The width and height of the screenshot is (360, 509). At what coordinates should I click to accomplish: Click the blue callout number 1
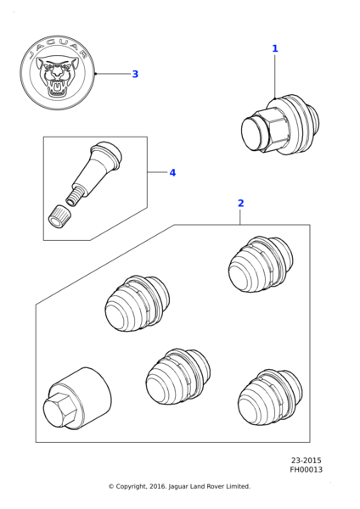275,48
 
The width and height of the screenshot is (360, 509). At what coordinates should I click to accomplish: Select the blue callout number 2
240,204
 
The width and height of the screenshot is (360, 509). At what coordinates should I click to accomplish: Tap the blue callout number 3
135,74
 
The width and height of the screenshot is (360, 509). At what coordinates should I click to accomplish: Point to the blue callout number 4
172,173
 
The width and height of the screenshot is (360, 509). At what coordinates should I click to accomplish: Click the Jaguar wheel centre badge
58,73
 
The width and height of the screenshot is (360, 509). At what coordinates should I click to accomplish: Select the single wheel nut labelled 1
280,125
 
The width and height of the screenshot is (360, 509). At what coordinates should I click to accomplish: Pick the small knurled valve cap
58,215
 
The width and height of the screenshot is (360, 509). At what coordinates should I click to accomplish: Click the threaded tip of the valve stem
74,198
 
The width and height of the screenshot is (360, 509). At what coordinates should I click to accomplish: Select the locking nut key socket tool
77,399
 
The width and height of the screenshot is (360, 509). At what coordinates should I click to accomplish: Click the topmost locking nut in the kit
261,264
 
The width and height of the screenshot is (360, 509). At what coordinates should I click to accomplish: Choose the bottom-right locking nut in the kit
270,397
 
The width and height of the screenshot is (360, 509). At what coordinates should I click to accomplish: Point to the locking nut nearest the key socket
178,378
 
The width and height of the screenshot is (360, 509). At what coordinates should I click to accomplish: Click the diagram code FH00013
306,469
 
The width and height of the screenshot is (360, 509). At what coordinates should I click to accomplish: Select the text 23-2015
306,461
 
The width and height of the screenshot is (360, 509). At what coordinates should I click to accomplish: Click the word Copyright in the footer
131,487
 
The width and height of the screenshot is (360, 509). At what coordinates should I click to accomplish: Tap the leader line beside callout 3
114,74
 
